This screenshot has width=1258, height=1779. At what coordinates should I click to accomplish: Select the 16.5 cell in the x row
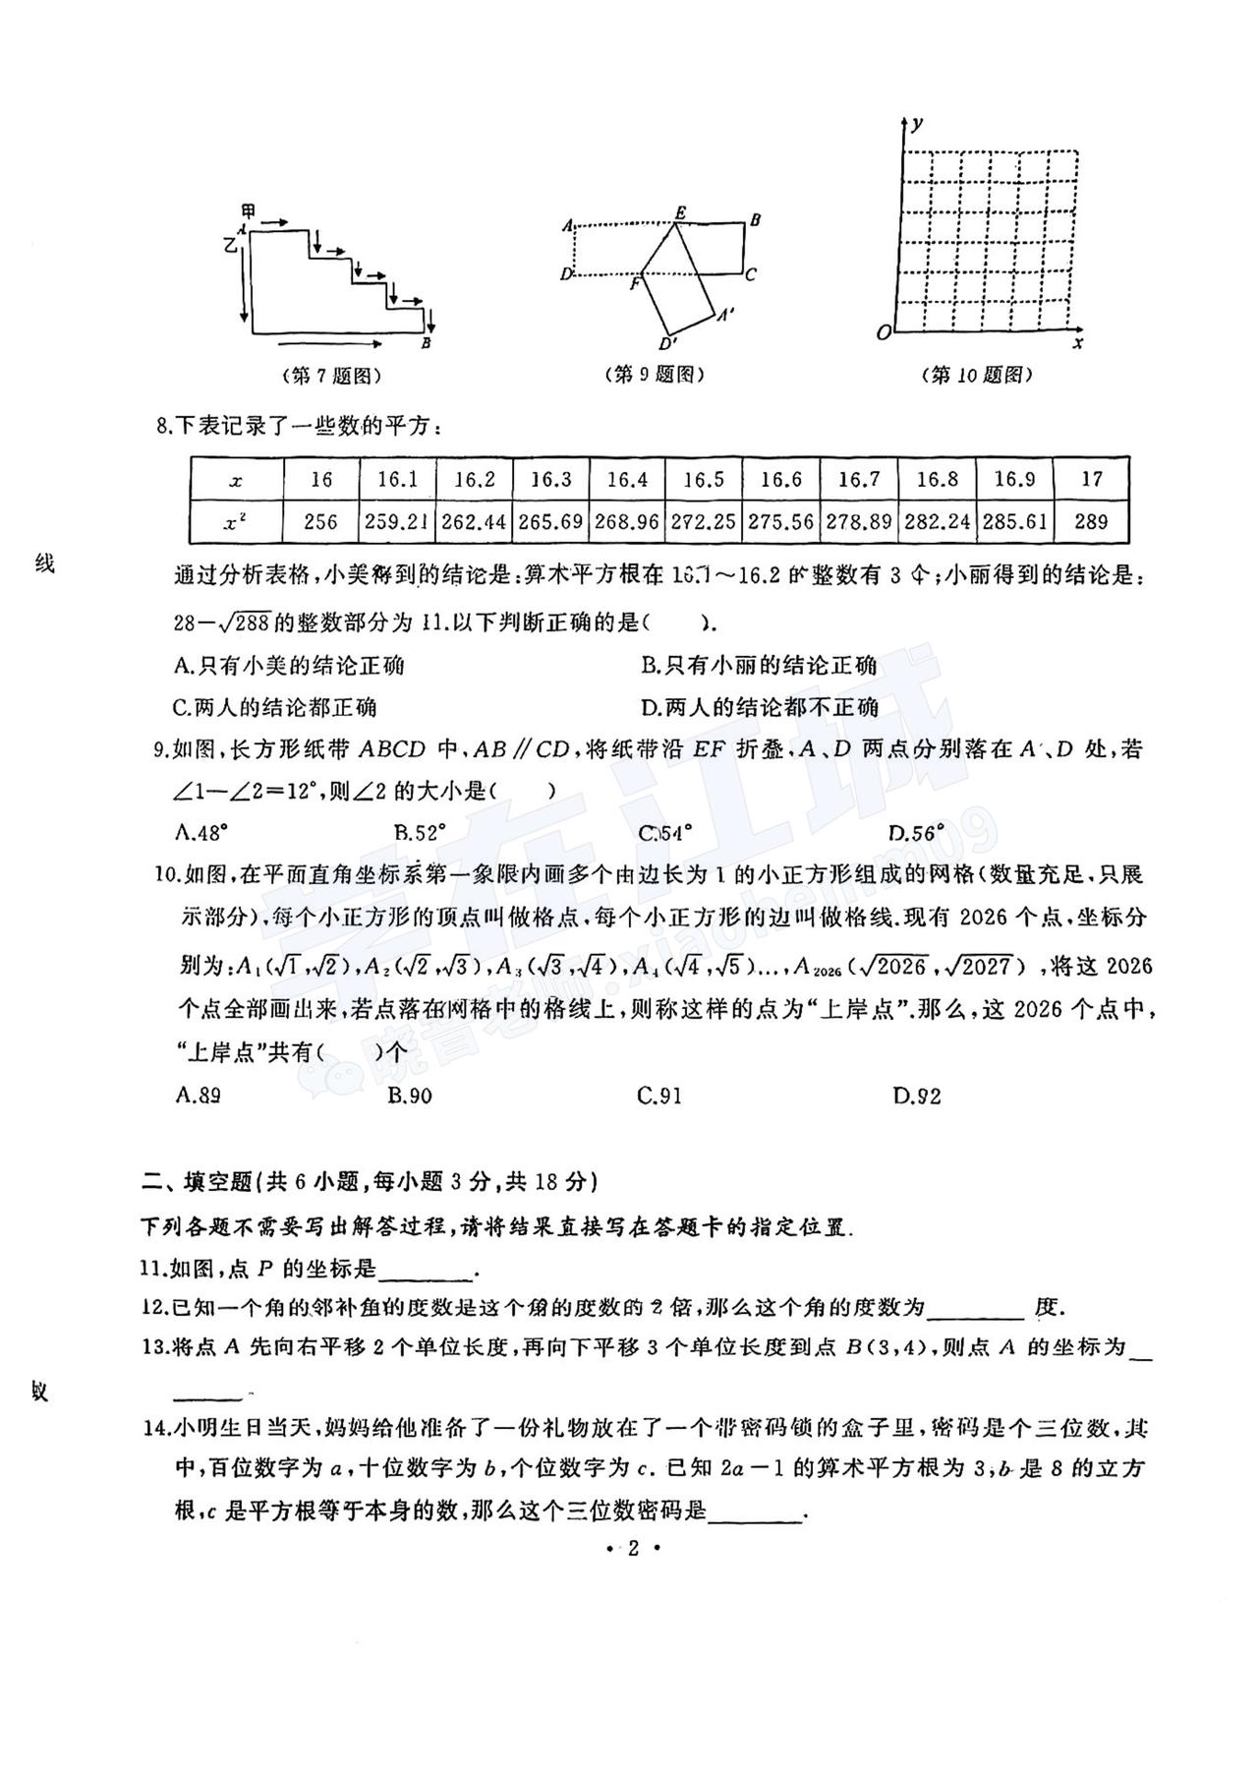point(704,480)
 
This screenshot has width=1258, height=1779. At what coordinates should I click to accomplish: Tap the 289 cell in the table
point(1091,522)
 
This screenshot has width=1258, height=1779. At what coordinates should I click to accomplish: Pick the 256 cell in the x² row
point(321,522)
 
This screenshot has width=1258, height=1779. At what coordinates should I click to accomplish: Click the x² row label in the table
point(236,522)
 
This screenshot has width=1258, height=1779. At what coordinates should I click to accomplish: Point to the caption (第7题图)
point(331,376)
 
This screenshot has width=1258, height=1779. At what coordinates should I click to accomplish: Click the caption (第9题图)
point(656,375)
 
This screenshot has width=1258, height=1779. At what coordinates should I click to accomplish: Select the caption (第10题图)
point(978,375)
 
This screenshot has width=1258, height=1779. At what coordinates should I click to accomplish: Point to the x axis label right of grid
point(1078,343)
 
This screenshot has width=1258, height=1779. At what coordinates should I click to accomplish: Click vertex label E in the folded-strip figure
point(680,212)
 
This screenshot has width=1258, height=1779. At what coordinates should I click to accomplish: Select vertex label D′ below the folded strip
point(669,344)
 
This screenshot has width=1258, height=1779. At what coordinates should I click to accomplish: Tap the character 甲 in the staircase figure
point(249,212)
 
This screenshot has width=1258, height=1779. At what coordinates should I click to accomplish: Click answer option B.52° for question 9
point(421,833)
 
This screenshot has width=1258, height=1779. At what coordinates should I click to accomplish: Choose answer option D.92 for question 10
point(917,1096)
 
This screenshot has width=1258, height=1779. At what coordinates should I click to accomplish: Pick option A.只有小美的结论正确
point(289,666)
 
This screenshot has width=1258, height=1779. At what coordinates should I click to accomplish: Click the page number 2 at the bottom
point(633,1549)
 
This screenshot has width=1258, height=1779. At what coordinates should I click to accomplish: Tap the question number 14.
point(157,1428)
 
